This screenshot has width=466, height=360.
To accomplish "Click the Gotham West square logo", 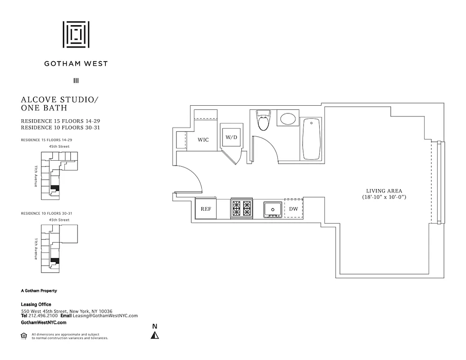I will coord(76,34).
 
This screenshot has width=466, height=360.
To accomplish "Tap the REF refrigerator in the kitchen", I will coord(206,209).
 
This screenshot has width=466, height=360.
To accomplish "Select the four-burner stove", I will coord(241,209).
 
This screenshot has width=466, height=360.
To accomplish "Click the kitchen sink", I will coord(273,209).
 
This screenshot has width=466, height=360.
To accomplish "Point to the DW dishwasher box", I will coord(293,209).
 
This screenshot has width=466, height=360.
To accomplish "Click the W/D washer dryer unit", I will coord(231,137).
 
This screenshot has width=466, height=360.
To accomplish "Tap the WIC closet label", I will coord(203,140).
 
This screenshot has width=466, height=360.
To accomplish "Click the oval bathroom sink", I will coord(288,119).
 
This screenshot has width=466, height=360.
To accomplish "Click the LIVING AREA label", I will coord(384,191).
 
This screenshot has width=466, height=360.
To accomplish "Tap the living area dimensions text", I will coord(384,197).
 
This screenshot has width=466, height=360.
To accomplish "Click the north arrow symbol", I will coord(155,334).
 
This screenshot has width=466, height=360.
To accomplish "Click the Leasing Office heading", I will coord(36,305).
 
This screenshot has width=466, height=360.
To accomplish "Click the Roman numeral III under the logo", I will coord(76,81).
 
